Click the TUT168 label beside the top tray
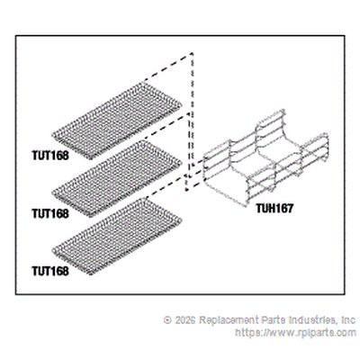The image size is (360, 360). coord(50,156)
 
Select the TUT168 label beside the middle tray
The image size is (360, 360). coord(50,213)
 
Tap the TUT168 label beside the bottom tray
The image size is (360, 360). coord(50,271)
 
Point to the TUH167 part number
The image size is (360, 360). coord(274,208)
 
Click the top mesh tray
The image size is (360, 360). coord(117,121)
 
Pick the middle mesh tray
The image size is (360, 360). coord(117,178)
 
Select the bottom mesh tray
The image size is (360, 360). coord(117,236)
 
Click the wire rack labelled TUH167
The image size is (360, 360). coord(265,158)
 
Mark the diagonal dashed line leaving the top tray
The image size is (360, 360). coord(168,67)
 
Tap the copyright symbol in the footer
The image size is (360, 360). coord(167,319)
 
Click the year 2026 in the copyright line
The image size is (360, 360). coord(185,319)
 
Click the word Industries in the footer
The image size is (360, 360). coord(309,319)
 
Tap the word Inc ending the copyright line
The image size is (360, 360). coord(348,319)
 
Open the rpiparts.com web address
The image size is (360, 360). coord(295,333)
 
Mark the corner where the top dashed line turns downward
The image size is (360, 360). coord(192,53)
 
